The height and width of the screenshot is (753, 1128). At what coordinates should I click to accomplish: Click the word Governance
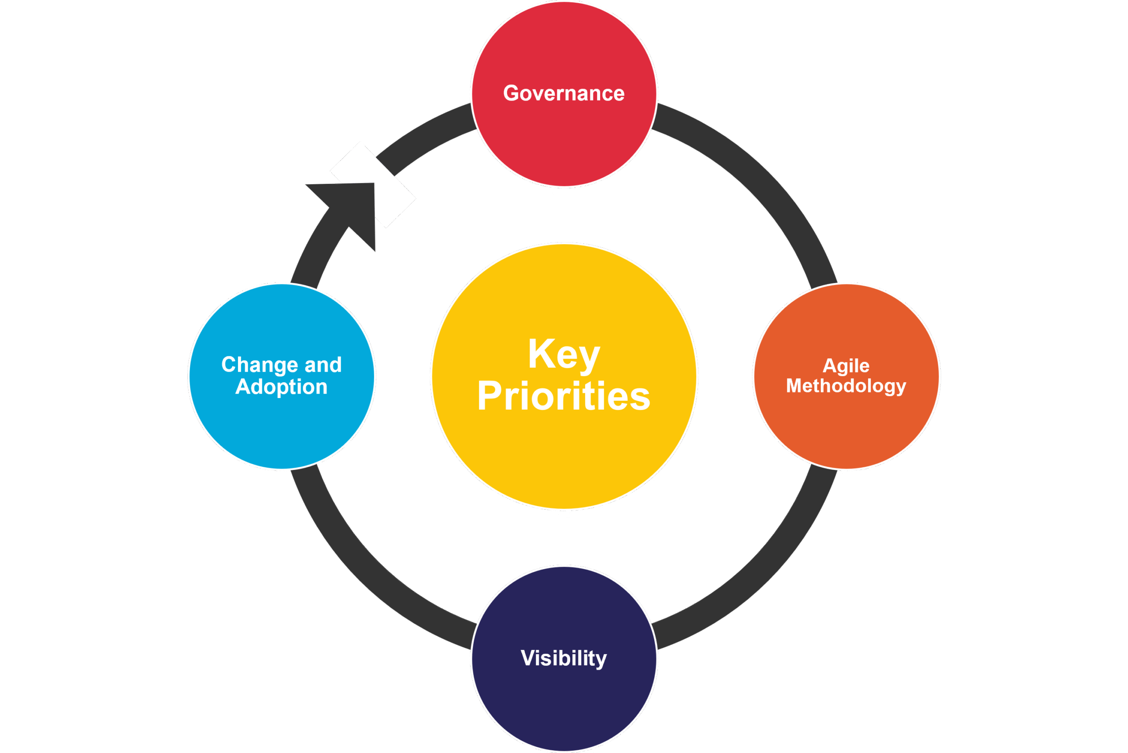tap(564, 93)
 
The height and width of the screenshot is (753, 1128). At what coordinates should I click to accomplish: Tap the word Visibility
tap(564, 658)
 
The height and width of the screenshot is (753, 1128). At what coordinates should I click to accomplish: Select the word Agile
tap(846, 366)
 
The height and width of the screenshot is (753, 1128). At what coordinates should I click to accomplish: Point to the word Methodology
tap(846, 387)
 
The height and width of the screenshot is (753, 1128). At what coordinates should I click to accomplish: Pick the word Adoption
tap(281, 387)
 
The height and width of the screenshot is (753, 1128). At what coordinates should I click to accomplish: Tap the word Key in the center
tap(564, 355)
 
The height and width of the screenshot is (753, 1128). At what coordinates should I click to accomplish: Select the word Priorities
tap(564, 397)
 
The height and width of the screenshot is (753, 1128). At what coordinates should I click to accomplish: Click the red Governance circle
tap(564, 144)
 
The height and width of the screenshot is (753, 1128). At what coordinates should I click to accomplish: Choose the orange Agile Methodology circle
tap(846, 432)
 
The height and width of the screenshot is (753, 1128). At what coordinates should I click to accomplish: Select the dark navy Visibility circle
tap(564, 706)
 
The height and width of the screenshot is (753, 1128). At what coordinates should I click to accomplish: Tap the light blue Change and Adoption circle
tap(281, 432)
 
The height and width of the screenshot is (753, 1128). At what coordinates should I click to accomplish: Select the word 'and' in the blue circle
tap(323, 365)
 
